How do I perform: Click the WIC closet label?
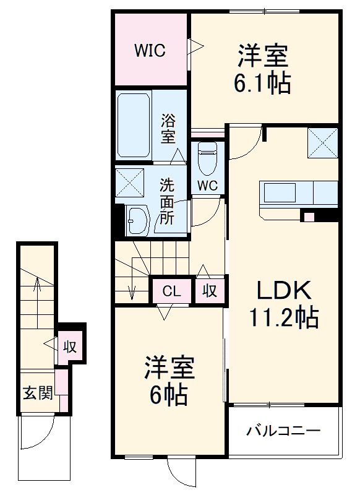[150, 51]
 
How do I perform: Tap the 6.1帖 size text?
[262, 83]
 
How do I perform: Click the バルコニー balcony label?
[284, 430]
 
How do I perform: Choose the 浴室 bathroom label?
[168, 127]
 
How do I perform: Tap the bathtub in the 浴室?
[134, 125]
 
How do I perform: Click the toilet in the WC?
[207, 158]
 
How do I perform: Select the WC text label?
[207, 184]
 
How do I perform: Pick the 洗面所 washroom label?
[167, 200]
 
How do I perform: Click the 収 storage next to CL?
[210, 291]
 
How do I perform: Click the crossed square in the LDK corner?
[322, 142]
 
